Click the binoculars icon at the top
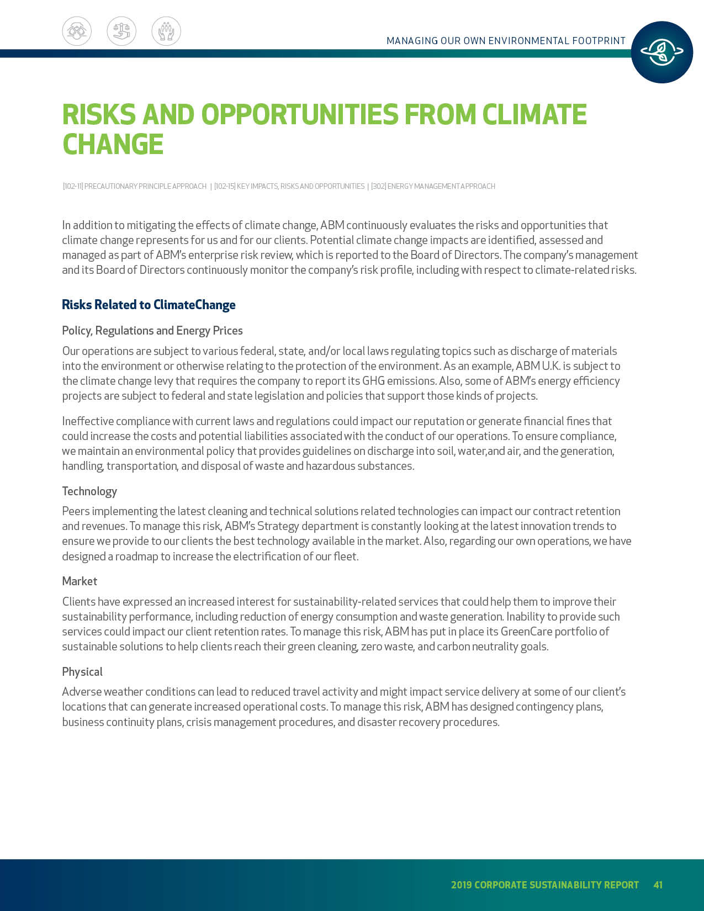point(77,31)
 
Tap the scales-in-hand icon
point(121,31)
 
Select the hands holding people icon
point(166,31)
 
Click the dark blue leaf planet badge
point(661,52)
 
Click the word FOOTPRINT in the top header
point(599,41)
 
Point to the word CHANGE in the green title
point(113,144)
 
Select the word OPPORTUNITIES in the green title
point(299,114)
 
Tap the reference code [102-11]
point(73,187)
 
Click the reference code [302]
point(378,187)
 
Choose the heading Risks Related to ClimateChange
point(149,305)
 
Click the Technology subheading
point(89,491)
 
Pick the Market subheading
point(80,581)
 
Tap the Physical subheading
point(82,672)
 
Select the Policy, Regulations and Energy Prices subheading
point(152,331)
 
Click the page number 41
point(658,884)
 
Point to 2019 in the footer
point(461,884)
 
